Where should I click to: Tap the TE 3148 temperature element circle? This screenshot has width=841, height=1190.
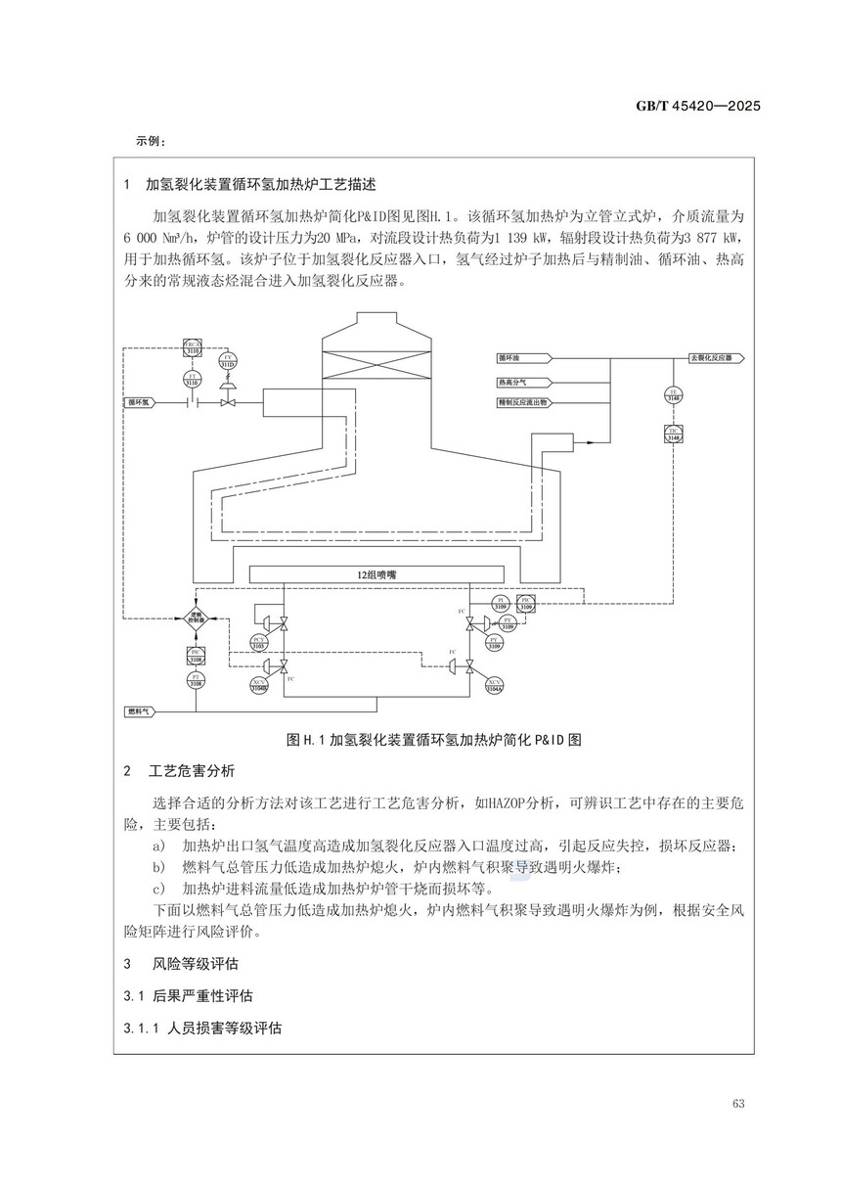673,393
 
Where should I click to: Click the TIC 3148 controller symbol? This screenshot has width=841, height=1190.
673,435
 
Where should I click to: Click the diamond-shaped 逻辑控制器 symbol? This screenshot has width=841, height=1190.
196,616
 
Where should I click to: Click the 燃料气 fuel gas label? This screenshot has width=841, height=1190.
141,710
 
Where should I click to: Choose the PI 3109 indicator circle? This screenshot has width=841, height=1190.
501,603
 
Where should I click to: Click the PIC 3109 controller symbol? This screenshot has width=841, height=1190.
526,603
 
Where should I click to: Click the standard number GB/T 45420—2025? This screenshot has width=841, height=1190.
692,106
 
